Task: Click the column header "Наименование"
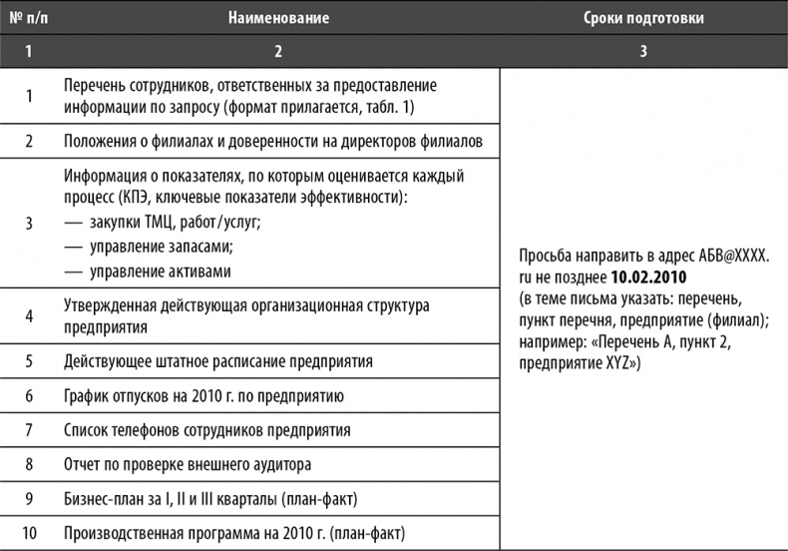(x=277, y=18)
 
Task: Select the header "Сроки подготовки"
(x=642, y=18)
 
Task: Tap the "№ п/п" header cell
(x=29, y=18)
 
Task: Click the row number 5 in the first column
(x=29, y=360)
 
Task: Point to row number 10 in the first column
(x=29, y=532)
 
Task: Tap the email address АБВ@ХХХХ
(x=731, y=256)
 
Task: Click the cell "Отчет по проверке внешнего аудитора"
(x=189, y=463)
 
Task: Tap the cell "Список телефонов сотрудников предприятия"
(x=206, y=429)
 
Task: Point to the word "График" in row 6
(x=88, y=395)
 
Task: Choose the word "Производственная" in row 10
(x=127, y=532)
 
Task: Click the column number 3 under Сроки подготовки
(x=642, y=51)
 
